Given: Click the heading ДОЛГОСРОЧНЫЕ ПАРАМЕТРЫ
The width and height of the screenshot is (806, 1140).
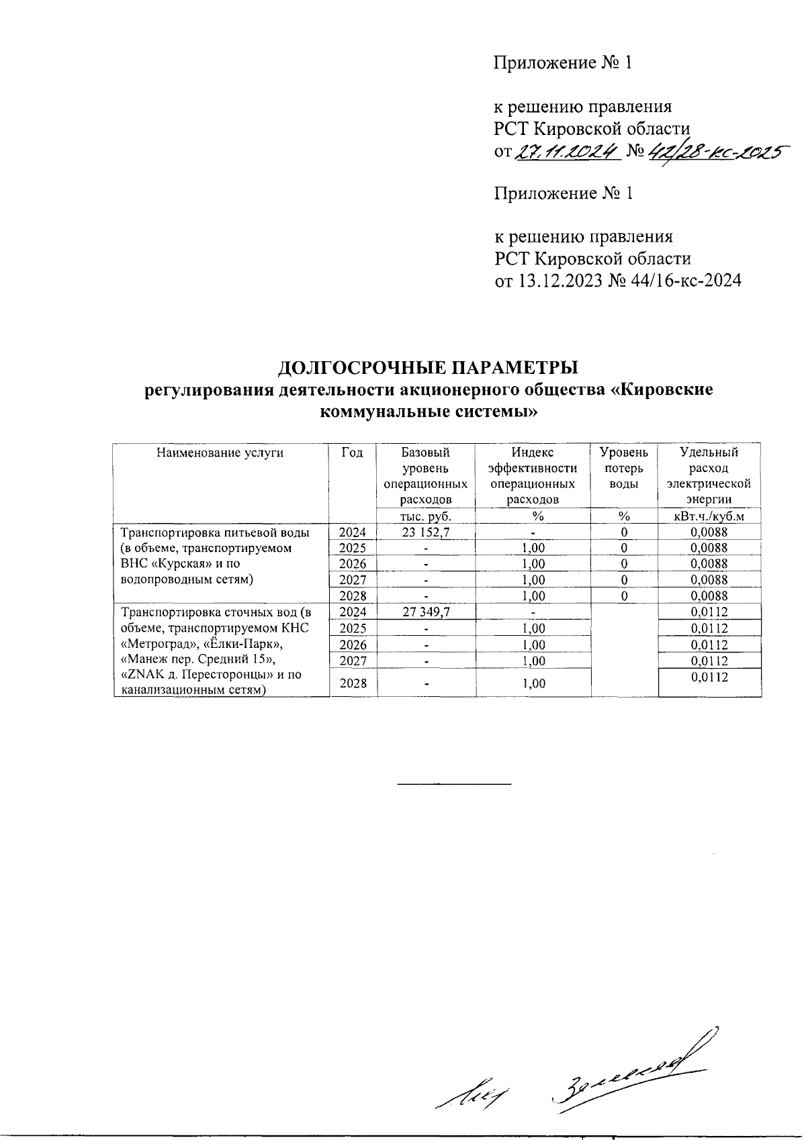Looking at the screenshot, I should click(x=428, y=368).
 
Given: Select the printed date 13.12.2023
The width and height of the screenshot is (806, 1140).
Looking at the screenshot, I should click(x=556, y=281).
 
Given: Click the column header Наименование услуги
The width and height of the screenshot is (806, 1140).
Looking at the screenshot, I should click(x=220, y=453).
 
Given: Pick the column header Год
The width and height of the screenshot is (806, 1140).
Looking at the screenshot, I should click(x=353, y=453).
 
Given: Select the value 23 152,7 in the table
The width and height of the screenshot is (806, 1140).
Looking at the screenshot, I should click(x=425, y=532).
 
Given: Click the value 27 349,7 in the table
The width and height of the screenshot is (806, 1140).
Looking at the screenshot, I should click(x=425, y=612).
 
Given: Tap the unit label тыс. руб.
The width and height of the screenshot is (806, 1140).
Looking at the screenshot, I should click(x=425, y=516).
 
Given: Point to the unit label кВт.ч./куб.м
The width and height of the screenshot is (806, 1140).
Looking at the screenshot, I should click(x=709, y=516).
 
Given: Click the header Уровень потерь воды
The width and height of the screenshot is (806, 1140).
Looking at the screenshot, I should click(x=623, y=468).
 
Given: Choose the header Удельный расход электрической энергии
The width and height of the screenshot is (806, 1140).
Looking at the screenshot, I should click(x=709, y=476).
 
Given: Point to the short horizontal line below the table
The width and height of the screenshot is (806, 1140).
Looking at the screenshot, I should click(x=455, y=783).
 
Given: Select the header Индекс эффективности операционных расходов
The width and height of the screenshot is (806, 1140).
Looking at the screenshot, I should click(x=532, y=476).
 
